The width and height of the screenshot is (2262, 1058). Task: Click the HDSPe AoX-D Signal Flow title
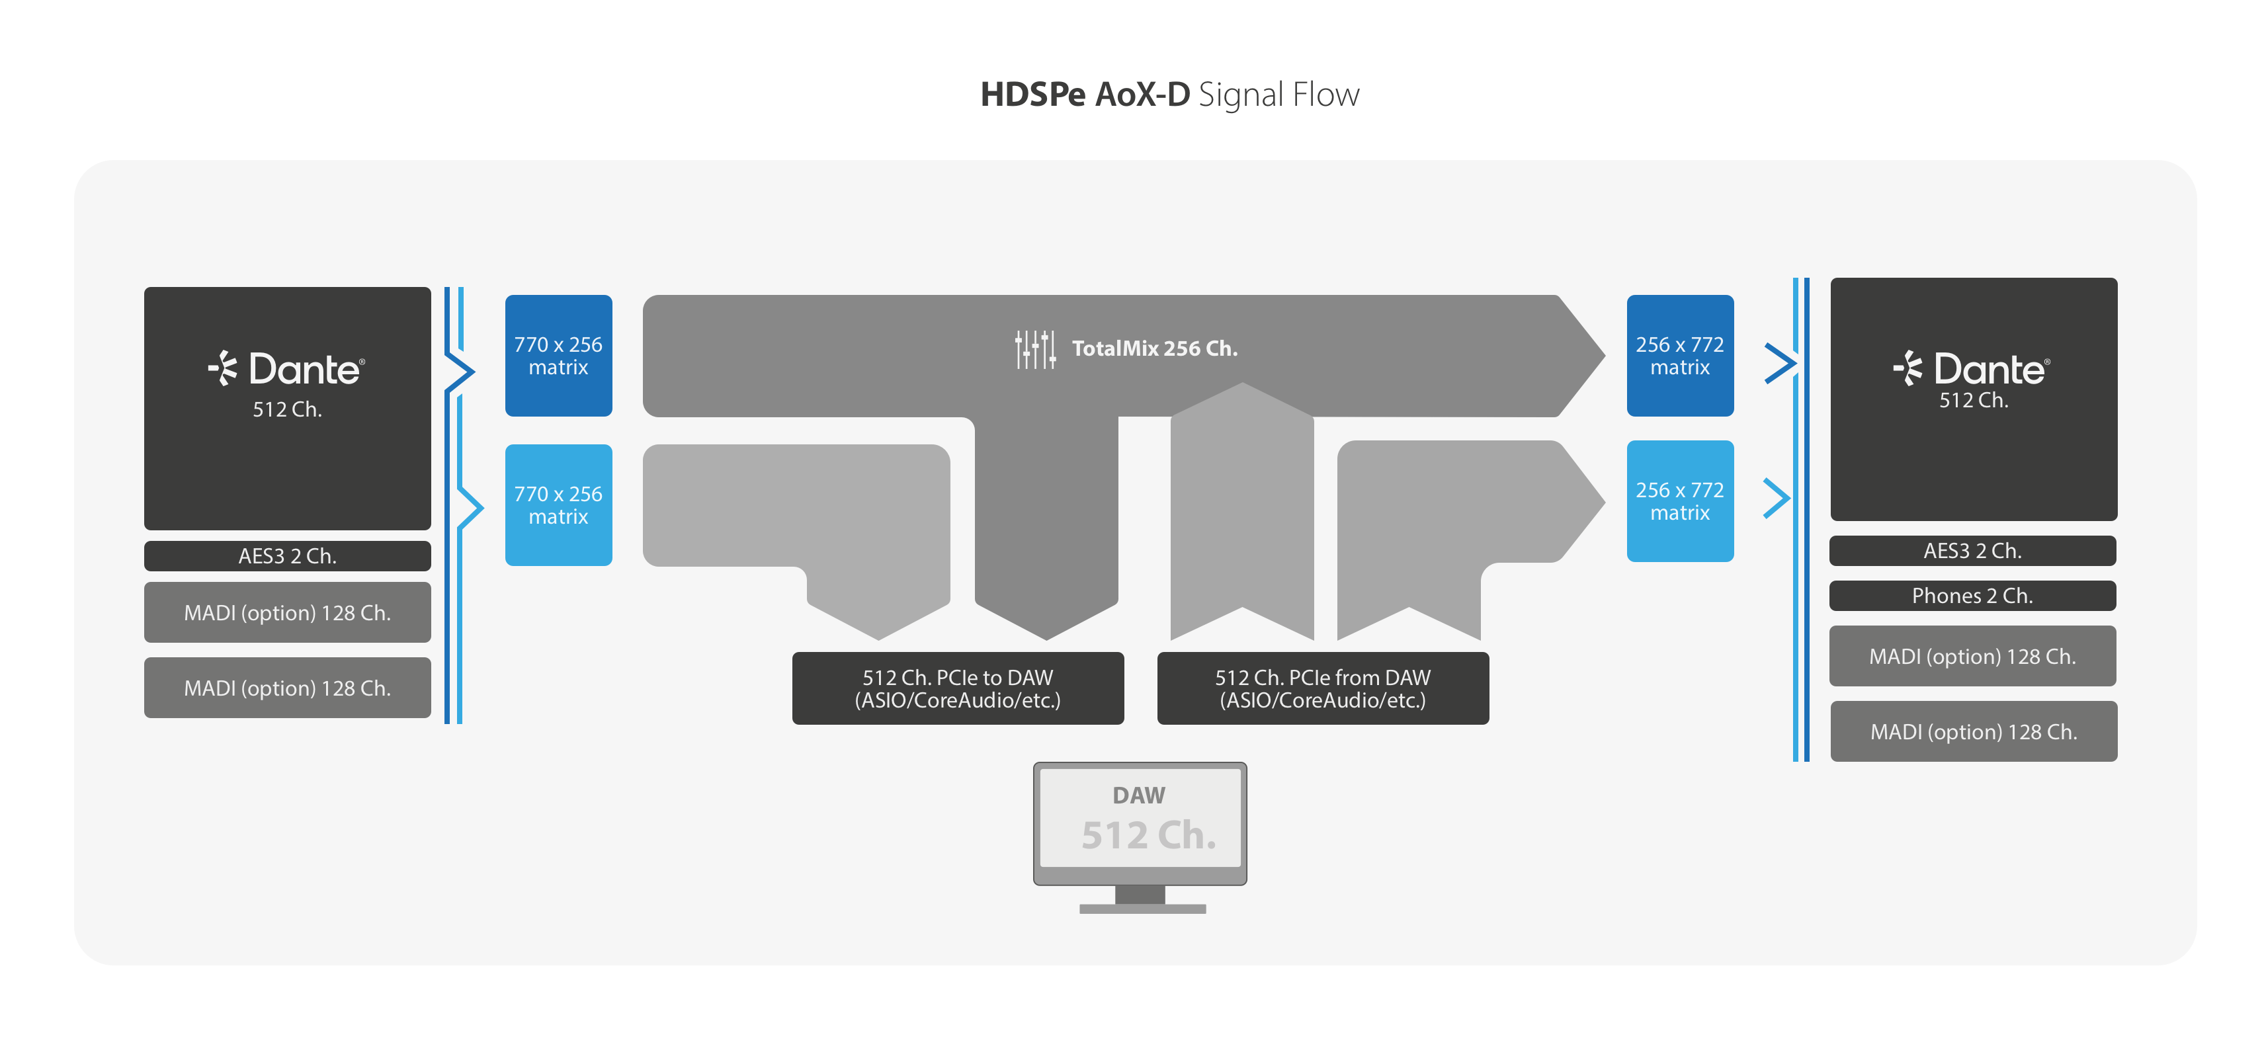pyautogui.click(x=1169, y=95)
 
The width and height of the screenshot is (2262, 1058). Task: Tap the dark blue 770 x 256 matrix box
pyautogui.click(x=558, y=356)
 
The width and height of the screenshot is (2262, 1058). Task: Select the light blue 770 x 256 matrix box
pyautogui.click(x=558, y=505)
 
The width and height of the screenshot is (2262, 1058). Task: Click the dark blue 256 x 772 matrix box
pyautogui.click(x=1680, y=356)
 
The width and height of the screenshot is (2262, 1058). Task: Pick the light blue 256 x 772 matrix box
pyautogui.click(x=1680, y=501)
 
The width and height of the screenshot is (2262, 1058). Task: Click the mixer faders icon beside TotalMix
pyautogui.click(x=1035, y=349)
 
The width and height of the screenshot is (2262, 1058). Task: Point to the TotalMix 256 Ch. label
pyautogui.click(x=1155, y=349)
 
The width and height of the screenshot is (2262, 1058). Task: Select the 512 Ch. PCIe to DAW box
pyautogui.click(x=957, y=688)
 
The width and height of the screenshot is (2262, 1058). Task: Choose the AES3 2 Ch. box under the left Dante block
pyautogui.click(x=287, y=555)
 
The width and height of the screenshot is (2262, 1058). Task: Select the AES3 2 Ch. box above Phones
pyautogui.click(x=1972, y=551)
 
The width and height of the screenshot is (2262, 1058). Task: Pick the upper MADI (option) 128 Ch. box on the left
pyautogui.click(x=287, y=613)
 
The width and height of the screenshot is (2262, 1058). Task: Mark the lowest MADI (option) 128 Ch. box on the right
pyautogui.click(x=1973, y=731)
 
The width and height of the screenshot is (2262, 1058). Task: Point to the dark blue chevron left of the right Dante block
pyautogui.click(x=1780, y=364)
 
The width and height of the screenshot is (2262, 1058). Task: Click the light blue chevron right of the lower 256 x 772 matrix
pyautogui.click(x=1777, y=499)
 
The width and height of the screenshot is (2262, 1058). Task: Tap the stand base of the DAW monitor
pyautogui.click(x=1142, y=909)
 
